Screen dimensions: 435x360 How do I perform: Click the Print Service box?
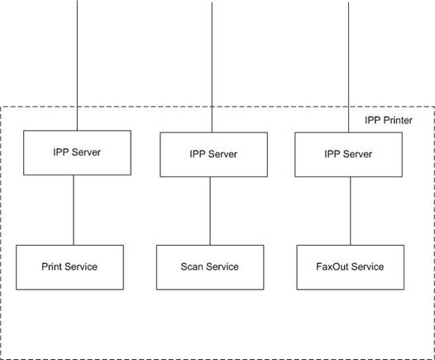(70, 267)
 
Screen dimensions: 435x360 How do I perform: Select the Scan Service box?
(210, 267)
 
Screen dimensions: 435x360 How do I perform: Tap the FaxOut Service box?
(351, 267)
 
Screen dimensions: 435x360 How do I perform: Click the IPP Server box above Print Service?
(77, 152)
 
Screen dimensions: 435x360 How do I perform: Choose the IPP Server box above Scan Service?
(214, 155)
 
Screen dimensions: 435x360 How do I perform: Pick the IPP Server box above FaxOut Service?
(349, 155)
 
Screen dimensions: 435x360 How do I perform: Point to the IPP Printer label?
(389, 121)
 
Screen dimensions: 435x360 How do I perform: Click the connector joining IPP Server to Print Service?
(74, 210)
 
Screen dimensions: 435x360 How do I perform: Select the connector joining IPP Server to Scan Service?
(210, 211)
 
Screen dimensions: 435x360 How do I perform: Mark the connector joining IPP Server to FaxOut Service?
(350, 211)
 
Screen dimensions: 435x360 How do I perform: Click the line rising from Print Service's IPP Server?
(77, 65)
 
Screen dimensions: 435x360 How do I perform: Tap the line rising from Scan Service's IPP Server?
(212, 67)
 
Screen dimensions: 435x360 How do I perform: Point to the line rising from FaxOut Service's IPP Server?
(348, 67)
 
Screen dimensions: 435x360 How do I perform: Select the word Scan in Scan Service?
(192, 266)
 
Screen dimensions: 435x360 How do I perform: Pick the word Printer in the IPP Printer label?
(398, 121)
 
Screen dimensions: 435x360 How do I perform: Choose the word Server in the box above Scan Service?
(222, 154)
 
